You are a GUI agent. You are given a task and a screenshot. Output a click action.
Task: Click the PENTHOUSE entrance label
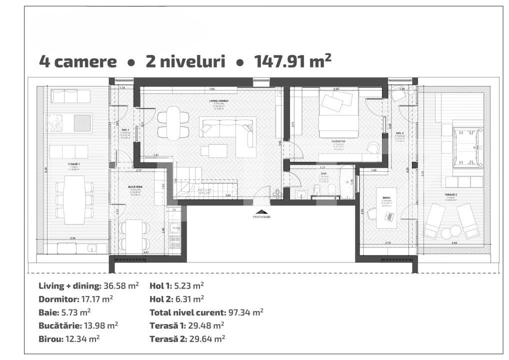coord(261,217)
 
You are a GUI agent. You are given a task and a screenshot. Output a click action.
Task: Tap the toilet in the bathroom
coord(317,189)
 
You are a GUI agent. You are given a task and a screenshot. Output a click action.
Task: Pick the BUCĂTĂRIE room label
coord(135,186)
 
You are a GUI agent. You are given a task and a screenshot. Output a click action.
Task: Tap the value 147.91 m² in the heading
coord(292,61)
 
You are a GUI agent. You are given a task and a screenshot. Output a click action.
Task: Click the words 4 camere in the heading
coord(77,62)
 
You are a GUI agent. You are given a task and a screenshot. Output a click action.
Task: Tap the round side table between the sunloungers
coord(449,232)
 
